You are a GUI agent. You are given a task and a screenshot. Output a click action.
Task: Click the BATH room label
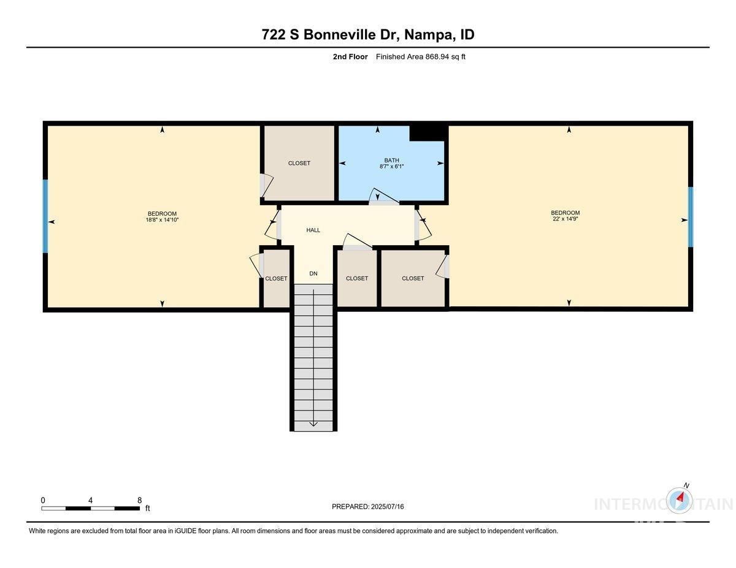coord(391,160)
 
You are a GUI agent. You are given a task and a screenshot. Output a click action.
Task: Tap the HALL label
coord(313,230)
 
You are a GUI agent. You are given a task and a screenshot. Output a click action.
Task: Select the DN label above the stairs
coord(313,274)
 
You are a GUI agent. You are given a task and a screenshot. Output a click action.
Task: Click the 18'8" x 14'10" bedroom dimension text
coord(162,220)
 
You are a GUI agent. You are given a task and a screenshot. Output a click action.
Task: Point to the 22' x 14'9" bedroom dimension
coord(565,219)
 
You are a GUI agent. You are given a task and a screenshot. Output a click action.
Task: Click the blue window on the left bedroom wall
coord(45,216)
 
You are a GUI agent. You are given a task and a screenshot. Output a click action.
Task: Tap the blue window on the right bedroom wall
coord(690,217)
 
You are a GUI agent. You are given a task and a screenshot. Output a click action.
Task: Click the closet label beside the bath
coord(299,163)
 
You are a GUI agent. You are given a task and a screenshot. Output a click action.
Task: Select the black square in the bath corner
coord(427,132)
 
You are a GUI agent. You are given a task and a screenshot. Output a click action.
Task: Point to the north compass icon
coord(680,499)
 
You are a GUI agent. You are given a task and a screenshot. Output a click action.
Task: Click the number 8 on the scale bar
coord(140,500)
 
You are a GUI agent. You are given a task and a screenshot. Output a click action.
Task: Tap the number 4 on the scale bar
coord(90,500)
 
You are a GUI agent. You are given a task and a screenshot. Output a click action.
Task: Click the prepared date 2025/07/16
coord(387,507)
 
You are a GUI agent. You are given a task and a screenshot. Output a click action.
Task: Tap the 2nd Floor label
coord(350,57)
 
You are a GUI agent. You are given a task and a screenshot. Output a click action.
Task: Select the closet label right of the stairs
coord(357,278)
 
